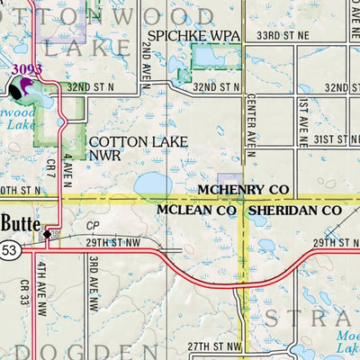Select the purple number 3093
tap(27, 69)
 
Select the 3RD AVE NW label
tap(93, 280)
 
